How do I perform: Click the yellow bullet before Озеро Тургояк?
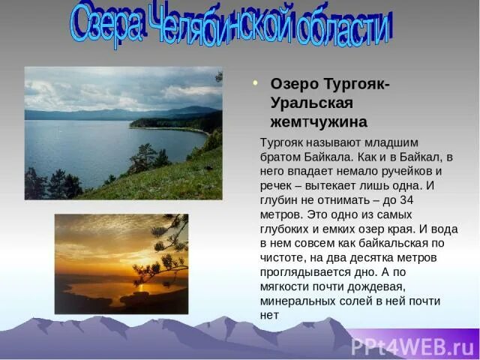255,83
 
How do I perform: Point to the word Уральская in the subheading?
307,102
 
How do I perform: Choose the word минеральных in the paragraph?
295,301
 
